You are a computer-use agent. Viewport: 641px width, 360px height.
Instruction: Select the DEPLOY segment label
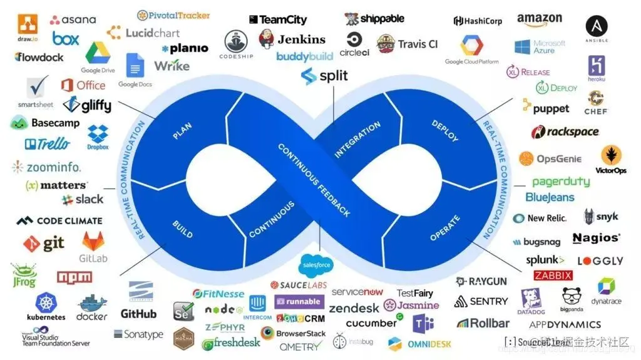tap(445, 130)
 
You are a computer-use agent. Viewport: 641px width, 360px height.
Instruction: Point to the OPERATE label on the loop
tap(445, 228)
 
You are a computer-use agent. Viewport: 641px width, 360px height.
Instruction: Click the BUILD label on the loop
tap(182, 229)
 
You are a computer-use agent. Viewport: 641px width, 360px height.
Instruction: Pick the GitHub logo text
tap(138, 314)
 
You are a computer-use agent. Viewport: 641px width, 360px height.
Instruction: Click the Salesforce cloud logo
tap(316, 265)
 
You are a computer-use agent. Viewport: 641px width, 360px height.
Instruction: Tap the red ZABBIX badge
tap(553, 275)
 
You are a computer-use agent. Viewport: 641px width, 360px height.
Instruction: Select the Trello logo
tap(48, 144)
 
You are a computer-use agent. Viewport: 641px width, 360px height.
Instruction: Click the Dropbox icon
tap(98, 135)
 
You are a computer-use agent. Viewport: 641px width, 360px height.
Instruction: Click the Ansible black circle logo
tap(597, 26)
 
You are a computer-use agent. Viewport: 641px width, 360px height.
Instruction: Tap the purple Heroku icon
tap(596, 66)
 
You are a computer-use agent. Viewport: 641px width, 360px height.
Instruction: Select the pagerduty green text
tap(561, 182)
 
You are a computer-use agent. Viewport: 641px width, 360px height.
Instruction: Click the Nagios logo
tap(597, 238)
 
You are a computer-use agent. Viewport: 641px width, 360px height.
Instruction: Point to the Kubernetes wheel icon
tap(46, 304)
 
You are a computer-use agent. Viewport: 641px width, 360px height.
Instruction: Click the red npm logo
tap(74, 277)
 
